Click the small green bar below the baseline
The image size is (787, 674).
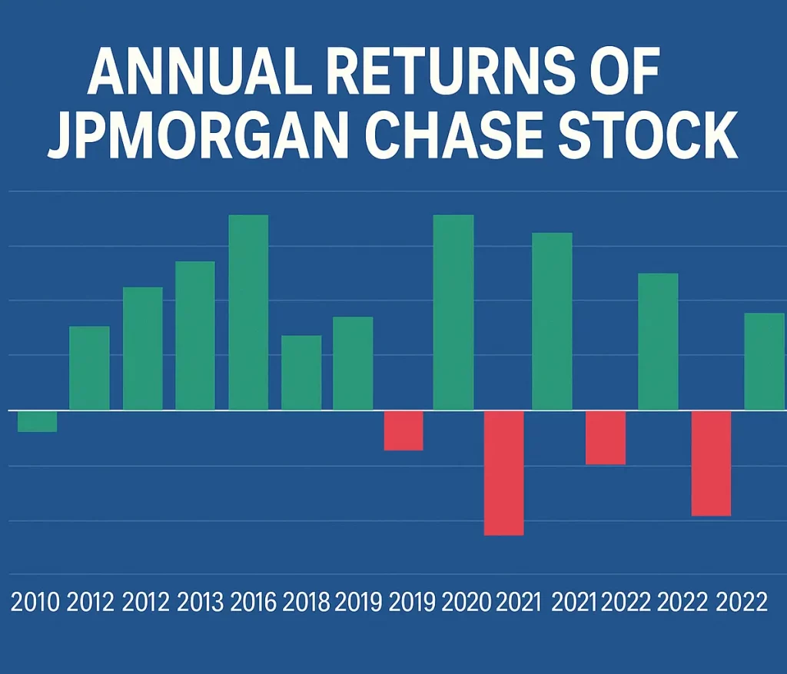pyautogui.click(x=37, y=421)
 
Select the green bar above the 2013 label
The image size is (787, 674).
pyautogui.click(x=195, y=336)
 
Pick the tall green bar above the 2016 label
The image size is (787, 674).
pyautogui.click(x=248, y=312)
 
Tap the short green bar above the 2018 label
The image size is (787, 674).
pyautogui.click(x=301, y=373)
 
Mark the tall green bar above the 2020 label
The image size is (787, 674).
pyautogui.click(x=453, y=312)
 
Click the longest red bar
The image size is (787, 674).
pyautogui.click(x=503, y=473)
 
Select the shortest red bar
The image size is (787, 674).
pyautogui.click(x=403, y=430)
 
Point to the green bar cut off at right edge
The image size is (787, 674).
pyautogui.click(x=765, y=361)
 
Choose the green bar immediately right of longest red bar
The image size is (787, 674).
pyautogui.click(x=552, y=321)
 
